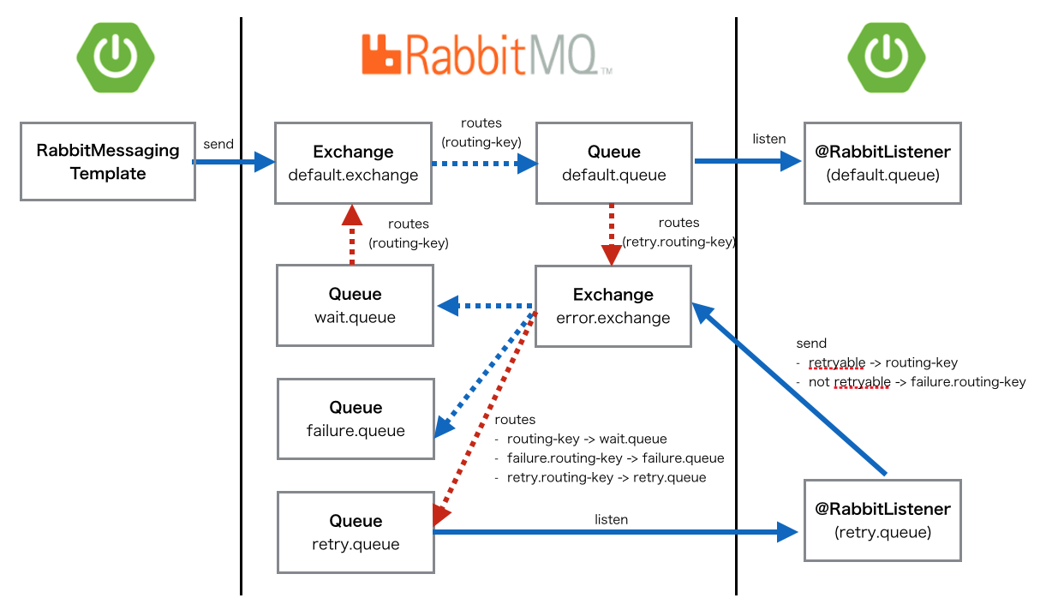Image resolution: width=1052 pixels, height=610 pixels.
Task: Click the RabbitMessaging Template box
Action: pos(108,162)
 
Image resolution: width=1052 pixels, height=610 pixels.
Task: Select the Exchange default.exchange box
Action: pos(353,163)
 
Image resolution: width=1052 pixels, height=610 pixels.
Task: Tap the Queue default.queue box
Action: pos(613,163)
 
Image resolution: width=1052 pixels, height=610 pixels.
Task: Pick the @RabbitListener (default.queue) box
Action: pos(882,163)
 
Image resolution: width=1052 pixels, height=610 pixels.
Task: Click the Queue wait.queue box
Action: pos(355,305)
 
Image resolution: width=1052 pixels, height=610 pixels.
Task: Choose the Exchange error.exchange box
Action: pos(613,306)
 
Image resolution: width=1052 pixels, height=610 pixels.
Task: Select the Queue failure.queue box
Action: pos(355,419)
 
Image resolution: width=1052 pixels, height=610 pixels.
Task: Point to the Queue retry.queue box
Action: pos(355,532)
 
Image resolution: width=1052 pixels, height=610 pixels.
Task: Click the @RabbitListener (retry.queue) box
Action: pos(882,520)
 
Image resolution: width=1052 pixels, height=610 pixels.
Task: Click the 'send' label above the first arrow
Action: pos(218,144)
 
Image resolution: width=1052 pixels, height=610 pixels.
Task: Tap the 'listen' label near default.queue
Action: pos(768,138)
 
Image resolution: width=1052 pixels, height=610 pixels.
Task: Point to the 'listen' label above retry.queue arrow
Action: pos(611,519)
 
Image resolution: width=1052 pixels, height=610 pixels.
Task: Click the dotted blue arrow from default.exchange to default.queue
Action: pos(482,163)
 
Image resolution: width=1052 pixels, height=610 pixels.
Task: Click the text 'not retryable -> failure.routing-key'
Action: pos(917,382)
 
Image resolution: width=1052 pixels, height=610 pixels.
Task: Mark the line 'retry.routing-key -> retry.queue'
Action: pos(606,477)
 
